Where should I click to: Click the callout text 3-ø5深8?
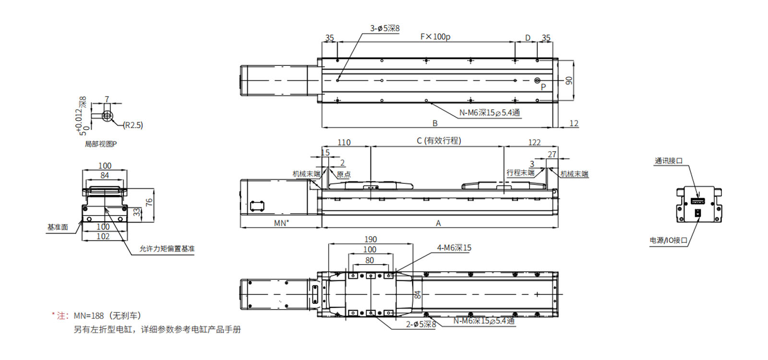(x=384, y=28)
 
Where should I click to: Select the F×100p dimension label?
(x=435, y=36)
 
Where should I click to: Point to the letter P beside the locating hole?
(x=543, y=87)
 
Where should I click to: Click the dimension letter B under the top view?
(x=435, y=123)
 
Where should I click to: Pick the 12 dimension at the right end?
(x=574, y=123)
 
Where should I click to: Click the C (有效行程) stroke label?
(x=439, y=141)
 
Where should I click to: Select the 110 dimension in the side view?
(x=344, y=142)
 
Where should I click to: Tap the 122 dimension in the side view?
(x=534, y=142)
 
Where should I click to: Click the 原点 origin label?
(x=344, y=174)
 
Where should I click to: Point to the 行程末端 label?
(x=520, y=172)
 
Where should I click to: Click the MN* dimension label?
(x=281, y=223)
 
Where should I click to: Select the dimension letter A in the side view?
(x=438, y=223)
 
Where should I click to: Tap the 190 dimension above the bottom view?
(x=371, y=239)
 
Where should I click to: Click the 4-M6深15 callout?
(x=454, y=248)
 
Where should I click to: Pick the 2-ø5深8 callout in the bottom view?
(x=420, y=324)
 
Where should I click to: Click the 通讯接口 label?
(x=669, y=161)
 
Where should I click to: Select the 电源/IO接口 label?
(x=668, y=240)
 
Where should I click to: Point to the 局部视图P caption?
(x=101, y=144)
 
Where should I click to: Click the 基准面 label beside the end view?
(x=58, y=227)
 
